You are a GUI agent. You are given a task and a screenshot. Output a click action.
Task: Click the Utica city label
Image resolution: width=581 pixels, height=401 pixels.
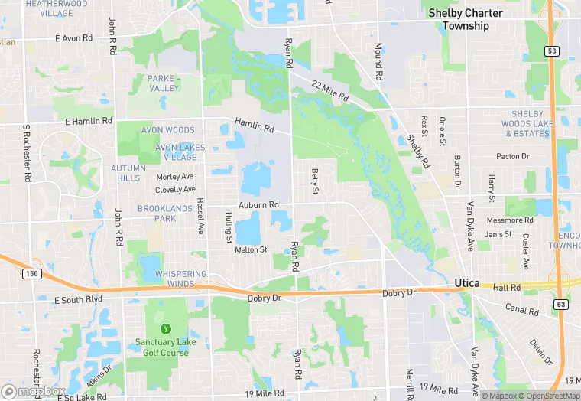466,283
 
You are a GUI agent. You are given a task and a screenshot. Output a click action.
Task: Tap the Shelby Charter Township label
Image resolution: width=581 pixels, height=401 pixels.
466,19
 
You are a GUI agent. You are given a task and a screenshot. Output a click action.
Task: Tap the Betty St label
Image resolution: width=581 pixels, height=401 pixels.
314,181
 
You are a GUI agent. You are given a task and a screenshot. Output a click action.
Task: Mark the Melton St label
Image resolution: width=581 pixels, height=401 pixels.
251,249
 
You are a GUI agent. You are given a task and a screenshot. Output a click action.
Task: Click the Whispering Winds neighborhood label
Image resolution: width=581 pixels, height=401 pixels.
181,279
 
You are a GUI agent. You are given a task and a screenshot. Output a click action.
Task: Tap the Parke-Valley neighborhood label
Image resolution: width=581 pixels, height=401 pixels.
163,83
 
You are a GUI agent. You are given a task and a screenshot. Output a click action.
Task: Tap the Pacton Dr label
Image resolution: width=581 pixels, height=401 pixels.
513,157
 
